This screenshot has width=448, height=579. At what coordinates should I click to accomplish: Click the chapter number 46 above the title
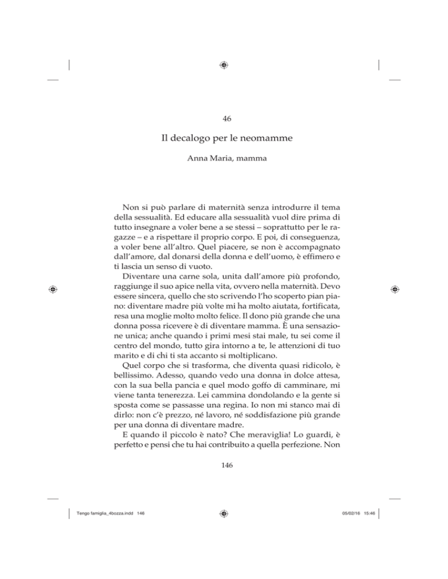click(x=224, y=119)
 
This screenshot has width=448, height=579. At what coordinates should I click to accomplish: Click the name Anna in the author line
click(x=195, y=165)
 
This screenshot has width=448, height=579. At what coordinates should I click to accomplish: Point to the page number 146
click(x=224, y=474)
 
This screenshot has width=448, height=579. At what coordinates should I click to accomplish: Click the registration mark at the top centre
click(x=224, y=65)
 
